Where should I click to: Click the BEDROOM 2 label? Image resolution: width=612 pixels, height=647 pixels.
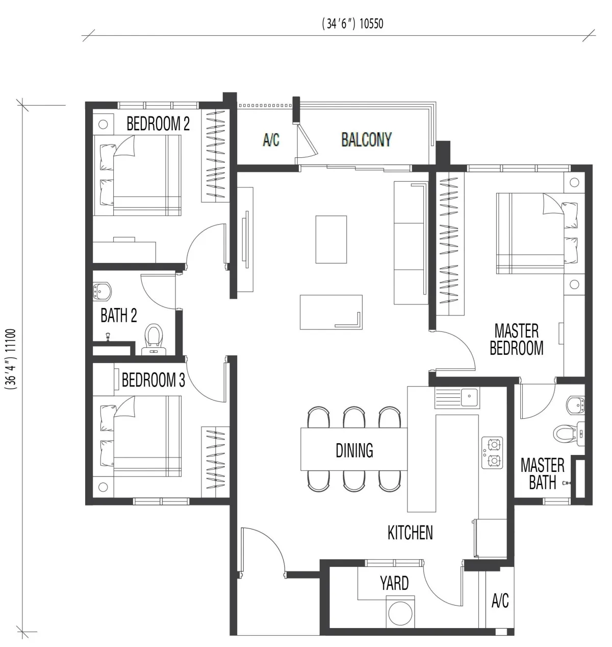pos(158,124)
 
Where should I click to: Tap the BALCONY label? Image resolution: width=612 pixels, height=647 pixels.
pos(366,139)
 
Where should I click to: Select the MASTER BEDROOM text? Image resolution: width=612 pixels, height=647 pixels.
pos(516,339)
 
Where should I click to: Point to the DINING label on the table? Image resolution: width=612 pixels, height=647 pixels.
pos(354,450)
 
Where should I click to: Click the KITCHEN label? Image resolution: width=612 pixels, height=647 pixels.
pos(410,533)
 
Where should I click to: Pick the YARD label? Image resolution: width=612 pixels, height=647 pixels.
pos(394,583)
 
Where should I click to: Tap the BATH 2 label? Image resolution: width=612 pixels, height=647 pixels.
pos(118,316)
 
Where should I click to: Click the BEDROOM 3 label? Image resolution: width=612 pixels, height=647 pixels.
pos(153,380)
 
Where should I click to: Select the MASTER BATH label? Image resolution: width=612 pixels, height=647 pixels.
pos(542,473)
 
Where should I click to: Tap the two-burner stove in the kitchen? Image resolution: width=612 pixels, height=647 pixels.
pos(492,453)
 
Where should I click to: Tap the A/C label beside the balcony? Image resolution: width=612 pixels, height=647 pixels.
pos(271,140)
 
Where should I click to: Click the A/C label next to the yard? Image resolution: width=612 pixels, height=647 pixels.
pos(500,601)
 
